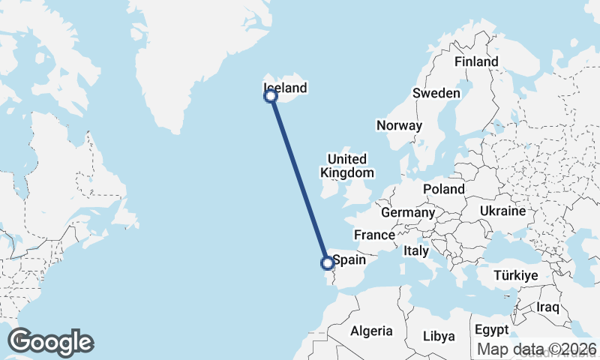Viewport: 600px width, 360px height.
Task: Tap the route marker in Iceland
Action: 271,95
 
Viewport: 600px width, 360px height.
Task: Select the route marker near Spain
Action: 327,262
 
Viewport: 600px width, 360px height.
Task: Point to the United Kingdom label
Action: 346,166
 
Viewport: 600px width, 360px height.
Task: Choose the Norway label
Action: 400,125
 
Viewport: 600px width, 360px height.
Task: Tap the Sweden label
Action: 436,93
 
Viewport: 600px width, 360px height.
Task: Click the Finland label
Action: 476,61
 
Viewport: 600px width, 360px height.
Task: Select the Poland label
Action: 443,189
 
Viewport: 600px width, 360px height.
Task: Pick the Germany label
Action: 408,213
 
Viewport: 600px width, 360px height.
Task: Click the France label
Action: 374,234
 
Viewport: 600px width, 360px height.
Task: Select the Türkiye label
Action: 516,276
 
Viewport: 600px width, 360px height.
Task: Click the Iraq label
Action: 548,307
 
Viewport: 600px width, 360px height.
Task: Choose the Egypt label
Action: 491,329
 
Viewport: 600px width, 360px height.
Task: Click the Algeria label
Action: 371,331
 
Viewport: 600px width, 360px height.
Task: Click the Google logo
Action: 50,342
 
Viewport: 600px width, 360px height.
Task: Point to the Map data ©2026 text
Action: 537,349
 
